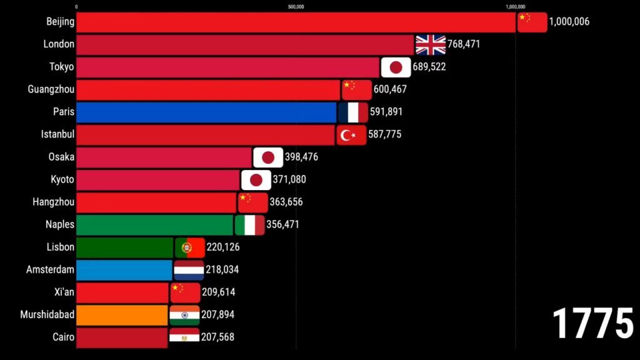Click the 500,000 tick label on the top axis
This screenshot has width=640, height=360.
(296, 7)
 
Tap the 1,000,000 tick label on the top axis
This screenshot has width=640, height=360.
(516, 7)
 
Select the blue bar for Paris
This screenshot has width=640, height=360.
(206, 112)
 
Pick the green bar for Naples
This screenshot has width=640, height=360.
(155, 225)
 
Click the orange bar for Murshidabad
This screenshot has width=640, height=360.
(122, 315)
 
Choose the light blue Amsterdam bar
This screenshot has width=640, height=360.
(124, 270)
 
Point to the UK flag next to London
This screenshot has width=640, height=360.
(431, 44)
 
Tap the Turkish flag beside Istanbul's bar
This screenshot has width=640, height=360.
(351, 135)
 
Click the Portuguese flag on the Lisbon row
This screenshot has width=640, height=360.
(190, 247)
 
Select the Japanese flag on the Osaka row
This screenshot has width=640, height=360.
(268, 157)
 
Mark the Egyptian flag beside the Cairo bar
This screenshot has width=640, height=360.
(184, 337)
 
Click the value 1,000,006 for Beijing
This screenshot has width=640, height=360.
(569, 22)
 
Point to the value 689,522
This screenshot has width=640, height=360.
(429, 67)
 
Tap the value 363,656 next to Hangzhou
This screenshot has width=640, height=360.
(286, 202)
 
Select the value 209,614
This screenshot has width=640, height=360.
(218, 292)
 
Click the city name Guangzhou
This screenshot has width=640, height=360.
(51, 89)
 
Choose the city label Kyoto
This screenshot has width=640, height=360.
(62, 179)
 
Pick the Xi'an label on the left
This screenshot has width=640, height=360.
(64, 292)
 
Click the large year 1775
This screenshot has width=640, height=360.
(593, 324)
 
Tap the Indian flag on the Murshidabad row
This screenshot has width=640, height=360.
(184, 315)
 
